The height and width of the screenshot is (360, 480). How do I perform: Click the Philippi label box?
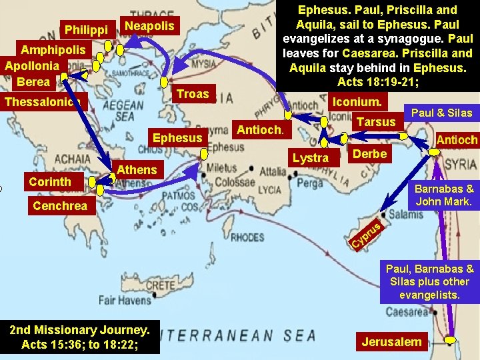click(x=87, y=30)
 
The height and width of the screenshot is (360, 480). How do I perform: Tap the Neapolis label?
click(x=149, y=26)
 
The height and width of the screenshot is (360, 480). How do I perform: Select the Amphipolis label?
click(x=53, y=50)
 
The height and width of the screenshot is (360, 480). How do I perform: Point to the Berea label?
click(x=33, y=81)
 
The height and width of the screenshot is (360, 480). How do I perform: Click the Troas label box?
click(x=193, y=94)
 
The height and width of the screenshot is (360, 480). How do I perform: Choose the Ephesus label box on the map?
click(x=177, y=138)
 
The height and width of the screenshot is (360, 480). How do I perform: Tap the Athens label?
click(x=137, y=169)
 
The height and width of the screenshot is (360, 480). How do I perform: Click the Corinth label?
click(x=50, y=181)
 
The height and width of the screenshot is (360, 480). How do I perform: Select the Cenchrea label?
click(x=60, y=205)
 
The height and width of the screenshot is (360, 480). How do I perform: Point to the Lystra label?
click(x=311, y=157)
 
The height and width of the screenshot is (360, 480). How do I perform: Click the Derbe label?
click(x=369, y=153)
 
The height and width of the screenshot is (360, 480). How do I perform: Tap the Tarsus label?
click(x=376, y=121)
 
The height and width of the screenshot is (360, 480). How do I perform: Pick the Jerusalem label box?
click(x=392, y=342)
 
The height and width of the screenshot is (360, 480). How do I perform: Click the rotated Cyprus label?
click(x=367, y=235)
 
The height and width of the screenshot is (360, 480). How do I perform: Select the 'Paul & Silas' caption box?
click(x=441, y=113)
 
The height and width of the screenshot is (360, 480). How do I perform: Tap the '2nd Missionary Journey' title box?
click(x=79, y=337)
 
